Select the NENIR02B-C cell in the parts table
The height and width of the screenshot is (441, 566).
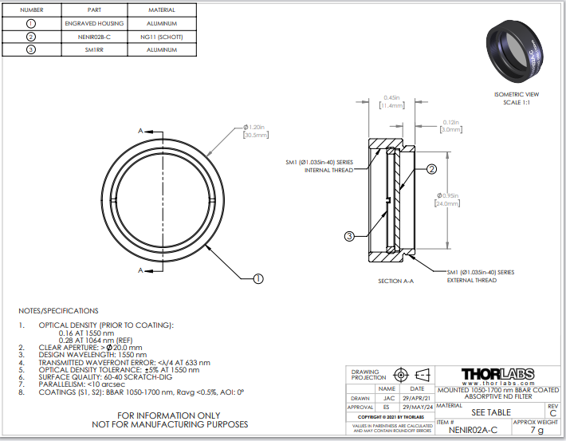pos(95,37)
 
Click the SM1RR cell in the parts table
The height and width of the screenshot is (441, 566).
pos(95,50)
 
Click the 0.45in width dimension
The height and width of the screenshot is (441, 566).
pos(392,101)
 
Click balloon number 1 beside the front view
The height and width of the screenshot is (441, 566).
pos(257,279)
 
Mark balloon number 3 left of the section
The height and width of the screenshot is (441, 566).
pos(349,236)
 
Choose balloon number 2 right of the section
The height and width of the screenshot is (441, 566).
pos(431,169)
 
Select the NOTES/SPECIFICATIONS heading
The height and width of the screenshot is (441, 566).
pos(59,310)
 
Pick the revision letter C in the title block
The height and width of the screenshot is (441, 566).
pos(552,414)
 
